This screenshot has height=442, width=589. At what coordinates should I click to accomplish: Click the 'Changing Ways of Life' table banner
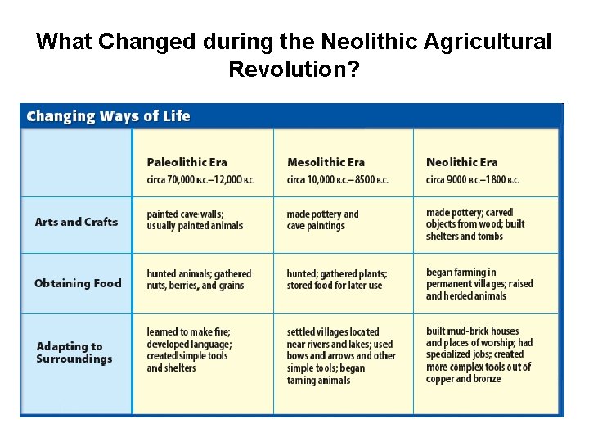coord(108,115)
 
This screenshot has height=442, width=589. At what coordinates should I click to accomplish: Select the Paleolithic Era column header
coord(187,162)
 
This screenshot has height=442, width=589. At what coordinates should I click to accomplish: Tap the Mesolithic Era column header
coord(326,162)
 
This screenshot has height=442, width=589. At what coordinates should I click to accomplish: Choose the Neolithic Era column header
coord(461,162)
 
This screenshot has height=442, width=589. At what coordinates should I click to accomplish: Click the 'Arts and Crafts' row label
coord(76,222)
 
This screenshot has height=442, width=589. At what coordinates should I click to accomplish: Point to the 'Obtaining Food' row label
coord(78,283)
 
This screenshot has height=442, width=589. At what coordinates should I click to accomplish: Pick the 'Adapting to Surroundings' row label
coord(74,352)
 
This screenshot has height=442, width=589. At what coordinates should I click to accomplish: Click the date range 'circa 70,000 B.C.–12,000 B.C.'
coord(200,180)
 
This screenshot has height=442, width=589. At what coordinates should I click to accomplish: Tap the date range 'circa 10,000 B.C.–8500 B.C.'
coord(337,180)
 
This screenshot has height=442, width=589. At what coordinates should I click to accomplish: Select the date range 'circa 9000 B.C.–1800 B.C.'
coord(472,180)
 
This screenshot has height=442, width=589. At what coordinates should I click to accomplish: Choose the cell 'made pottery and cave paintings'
coord(323,220)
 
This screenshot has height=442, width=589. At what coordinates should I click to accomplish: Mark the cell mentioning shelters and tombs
coord(475,224)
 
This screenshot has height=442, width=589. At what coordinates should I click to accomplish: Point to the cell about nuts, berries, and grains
coord(199,280)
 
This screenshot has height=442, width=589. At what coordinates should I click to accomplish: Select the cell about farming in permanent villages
coord(479,284)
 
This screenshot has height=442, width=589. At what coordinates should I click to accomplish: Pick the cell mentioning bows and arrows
coord(341,356)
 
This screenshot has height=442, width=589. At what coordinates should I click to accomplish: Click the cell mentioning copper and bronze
coord(479,354)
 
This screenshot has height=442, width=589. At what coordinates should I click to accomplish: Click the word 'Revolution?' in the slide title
coord(294,69)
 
